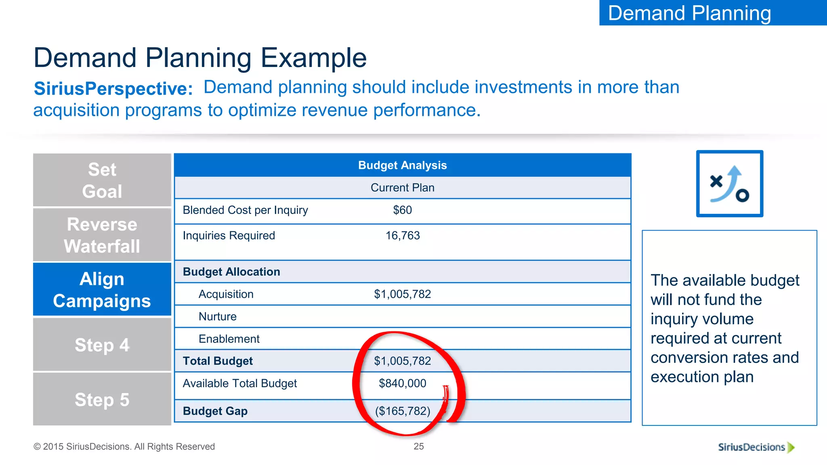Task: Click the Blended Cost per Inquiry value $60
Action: point(402,210)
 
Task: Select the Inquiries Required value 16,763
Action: point(402,236)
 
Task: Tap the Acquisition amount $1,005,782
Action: point(402,294)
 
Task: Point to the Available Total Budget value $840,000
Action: point(402,383)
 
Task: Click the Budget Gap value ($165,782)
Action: point(402,411)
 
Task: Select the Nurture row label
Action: point(217,317)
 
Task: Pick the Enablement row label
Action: point(229,339)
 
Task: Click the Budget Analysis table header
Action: point(402,165)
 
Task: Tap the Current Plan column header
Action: point(402,188)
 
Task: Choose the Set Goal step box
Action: point(102,180)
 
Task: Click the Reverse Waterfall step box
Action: point(102,235)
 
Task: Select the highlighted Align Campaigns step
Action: point(102,290)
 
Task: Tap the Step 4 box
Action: point(102,345)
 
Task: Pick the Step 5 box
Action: point(102,400)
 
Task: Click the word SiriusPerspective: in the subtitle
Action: point(113,89)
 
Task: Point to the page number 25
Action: point(419,446)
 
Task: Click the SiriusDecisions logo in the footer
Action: point(756,447)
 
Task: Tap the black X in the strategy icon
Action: point(716,181)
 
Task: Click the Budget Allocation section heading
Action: point(231,272)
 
